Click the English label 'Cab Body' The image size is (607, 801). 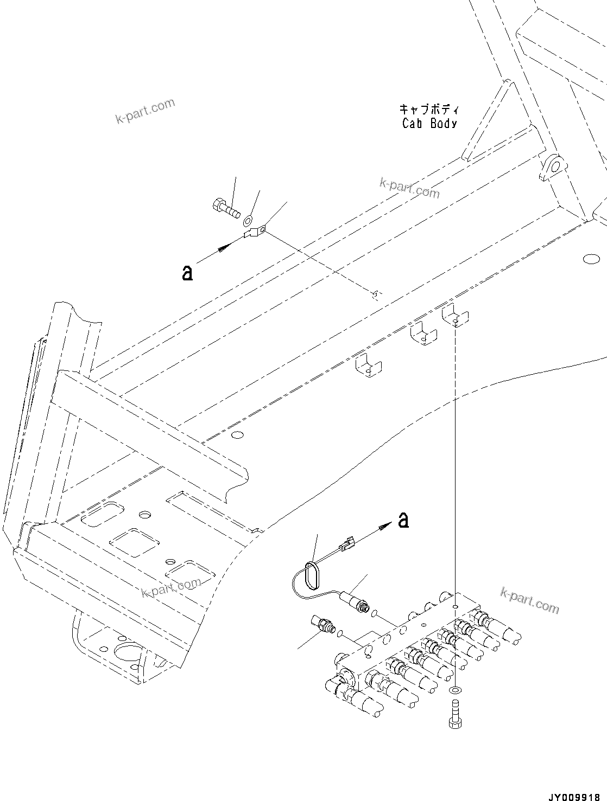click(x=429, y=123)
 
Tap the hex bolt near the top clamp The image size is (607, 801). click(x=224, y=208)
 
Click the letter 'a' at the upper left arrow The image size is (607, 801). click(x=187, y=273)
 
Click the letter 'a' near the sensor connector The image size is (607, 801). click(x=403, y=520)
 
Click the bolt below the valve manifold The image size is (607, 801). click(x=454, y=715)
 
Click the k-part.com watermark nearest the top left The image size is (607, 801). click(x=145, y=110)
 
